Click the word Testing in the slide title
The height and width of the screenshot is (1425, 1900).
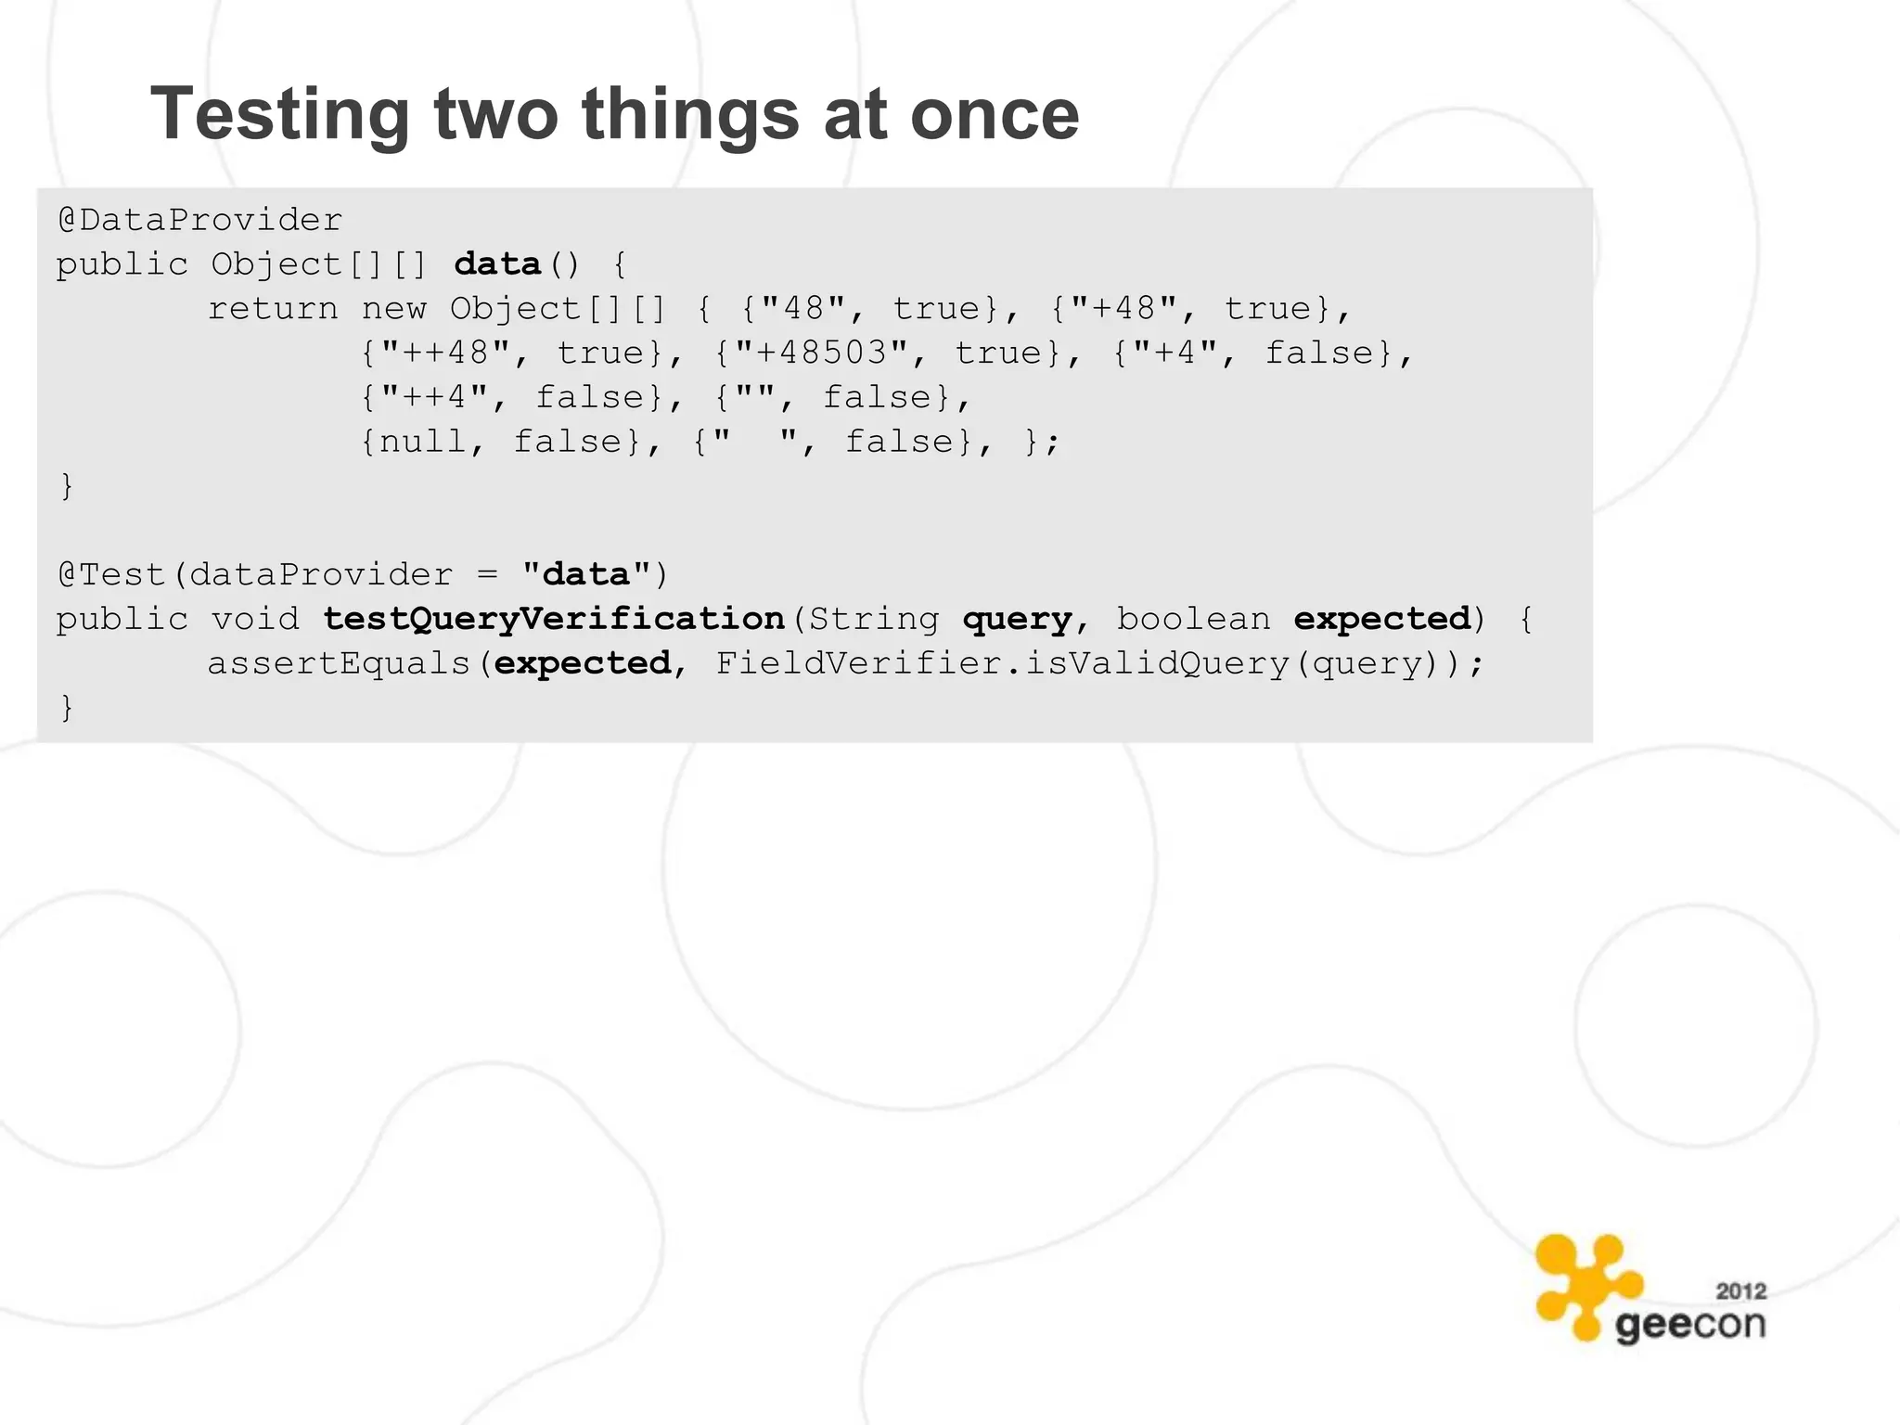pyautogui.click(x=279, y=115)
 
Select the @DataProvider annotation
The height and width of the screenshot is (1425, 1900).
pyautogui.click(x=199, y=220)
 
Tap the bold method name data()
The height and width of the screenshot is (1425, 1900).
pyautogui.click(x=497, y=264)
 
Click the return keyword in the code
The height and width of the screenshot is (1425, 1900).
pyautogui.click(x=273, y=308)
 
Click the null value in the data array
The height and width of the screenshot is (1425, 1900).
pyautogui.click(x=422, y=442)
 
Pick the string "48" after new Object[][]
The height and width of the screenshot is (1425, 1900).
pyautogui.click(x=803, y=308)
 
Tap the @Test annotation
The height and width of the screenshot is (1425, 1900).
pyautogui.click(x=111, y=574)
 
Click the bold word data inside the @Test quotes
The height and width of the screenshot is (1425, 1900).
pyautogui.click(x=585, y=574)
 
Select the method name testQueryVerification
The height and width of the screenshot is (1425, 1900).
pyautogui.click(x=554, y=619)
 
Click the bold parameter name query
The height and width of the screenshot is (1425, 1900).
pyautogui.click(x=1017, y=619)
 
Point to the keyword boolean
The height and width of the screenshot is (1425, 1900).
pyautogui.click(x=1193, y=619)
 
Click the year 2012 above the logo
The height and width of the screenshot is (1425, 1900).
pyautogui.click(x=1740, y=1290)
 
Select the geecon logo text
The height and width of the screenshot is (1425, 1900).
pyautogui.click(x=1689, y=1325)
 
